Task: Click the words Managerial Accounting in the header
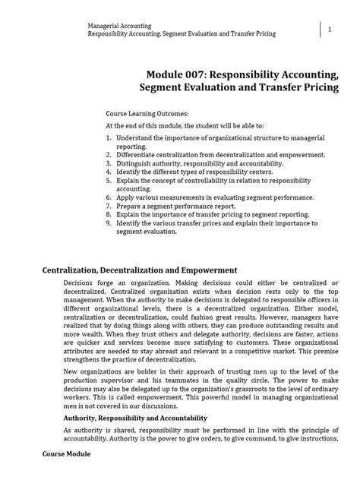click(119, 25)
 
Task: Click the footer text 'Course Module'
click(65, 453)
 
